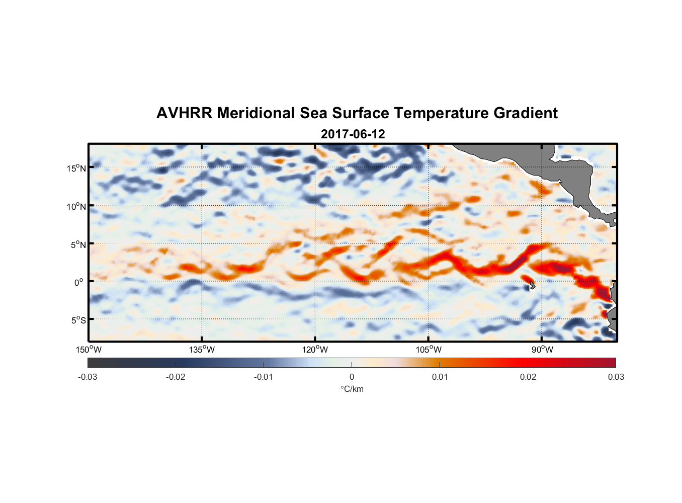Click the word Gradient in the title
pos(526,113)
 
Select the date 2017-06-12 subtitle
pos(353,134)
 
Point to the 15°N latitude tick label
pos(76,168)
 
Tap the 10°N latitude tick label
pos(76,206)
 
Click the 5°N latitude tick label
pos(78,244)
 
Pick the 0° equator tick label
pos(79,282)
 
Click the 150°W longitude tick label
pos(89,350)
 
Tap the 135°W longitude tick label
pos(202,350)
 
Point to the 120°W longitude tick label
pos(315,350)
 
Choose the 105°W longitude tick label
pos(429,350)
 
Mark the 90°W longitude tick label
pos(542,350)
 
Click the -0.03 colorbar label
pos(88,377)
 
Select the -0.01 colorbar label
pos(264,377)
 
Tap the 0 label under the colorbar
pos(352,377)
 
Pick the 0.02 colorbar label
pos(528,377)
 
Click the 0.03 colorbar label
pos(616,377)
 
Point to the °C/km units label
pos(352,389)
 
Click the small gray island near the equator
pos(532,285)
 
